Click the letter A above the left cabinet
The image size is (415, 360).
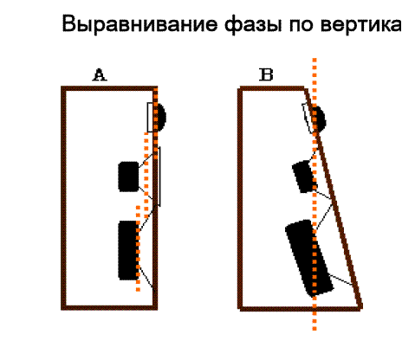(100, 74)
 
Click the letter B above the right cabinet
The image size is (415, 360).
(266, 74)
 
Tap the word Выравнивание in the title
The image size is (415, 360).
(139, 24)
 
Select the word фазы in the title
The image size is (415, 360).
(253, 25)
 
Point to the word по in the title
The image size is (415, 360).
(302, 26)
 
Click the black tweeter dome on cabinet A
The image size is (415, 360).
(161, 117)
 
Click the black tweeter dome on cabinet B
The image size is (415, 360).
(320, 119)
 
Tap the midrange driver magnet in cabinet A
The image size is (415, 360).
(129, 177)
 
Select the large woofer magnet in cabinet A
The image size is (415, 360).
(128, 250)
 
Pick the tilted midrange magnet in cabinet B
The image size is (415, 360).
(304, 177)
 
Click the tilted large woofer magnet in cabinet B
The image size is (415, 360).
(309, 259)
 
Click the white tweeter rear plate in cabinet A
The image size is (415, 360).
(150, 117)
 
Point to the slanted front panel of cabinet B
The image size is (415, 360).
(333, 197)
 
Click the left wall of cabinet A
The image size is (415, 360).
(64, 198)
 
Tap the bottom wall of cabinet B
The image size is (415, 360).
(301, 308)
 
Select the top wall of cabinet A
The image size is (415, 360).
(109, 88)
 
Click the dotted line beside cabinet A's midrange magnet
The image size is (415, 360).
(146, 175)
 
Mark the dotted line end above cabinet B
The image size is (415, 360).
(314, 60)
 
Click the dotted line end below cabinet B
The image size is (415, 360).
(314, 328)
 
